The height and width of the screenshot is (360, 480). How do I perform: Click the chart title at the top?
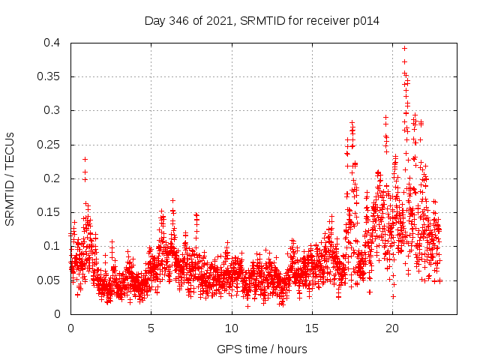coord(262,20)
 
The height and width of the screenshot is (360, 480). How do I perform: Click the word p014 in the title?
coord(365,20)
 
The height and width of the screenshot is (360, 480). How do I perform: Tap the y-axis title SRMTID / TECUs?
coord(10,178)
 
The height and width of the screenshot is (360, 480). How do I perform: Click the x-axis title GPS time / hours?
coord(262,349)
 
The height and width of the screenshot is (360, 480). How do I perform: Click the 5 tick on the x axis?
coord(151,328)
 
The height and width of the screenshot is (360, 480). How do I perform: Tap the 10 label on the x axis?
coord(232,328)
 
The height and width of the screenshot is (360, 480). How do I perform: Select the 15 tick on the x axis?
coord(312,328)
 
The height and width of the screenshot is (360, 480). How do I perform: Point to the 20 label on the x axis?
coord(392,328)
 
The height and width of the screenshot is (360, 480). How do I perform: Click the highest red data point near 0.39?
coord(405,48)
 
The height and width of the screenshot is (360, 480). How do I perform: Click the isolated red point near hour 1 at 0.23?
coord(85,159)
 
